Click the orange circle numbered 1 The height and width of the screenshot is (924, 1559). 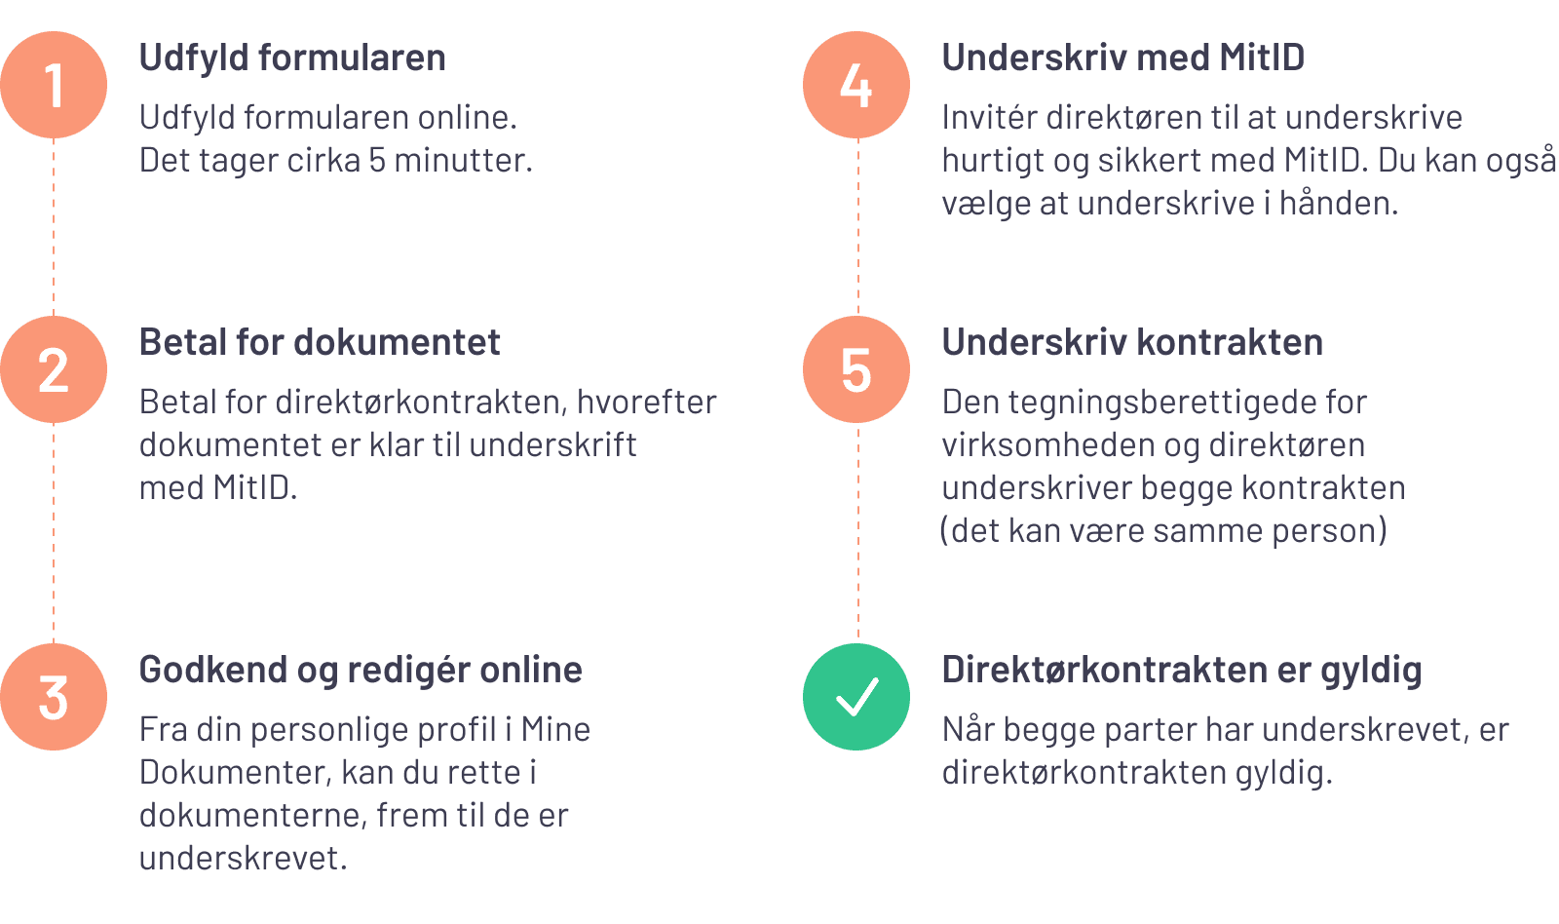(54, 85)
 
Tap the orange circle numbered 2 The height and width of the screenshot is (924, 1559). (54, 369)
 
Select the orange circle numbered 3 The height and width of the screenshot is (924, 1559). (54, 697)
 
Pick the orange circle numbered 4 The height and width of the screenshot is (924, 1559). (856, 85)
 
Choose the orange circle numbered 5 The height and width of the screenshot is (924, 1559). (856, 369)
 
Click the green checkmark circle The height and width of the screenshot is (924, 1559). (856, 697)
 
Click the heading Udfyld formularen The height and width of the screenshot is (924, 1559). (292, 58)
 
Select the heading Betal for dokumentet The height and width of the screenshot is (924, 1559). (320, 343)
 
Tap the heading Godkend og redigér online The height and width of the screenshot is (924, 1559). (361, 671)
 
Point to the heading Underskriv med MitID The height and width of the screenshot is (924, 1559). (1122, 58)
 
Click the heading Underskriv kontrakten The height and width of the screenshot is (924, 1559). (1132, 343)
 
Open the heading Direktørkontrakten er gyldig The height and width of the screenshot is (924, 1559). (1181, 671)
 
